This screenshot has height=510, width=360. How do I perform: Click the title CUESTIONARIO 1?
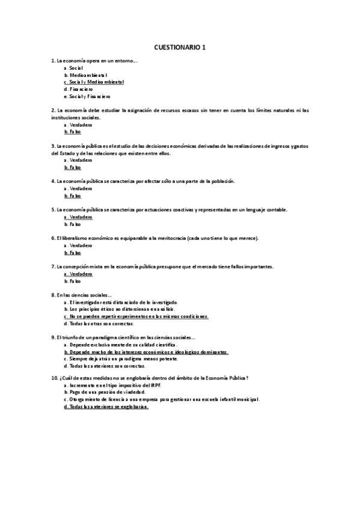[180, 46]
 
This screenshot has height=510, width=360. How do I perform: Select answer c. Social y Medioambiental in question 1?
[94, 82]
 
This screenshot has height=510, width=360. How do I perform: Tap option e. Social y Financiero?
[87, 96]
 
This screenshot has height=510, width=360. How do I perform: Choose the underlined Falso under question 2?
[73, 132]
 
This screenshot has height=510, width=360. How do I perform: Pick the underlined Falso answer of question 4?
[73, 195]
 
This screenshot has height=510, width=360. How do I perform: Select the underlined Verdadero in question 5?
[78, 217]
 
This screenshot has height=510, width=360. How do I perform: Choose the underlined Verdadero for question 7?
[78, 274]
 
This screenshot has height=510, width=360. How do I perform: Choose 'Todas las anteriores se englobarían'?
[106, 407]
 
